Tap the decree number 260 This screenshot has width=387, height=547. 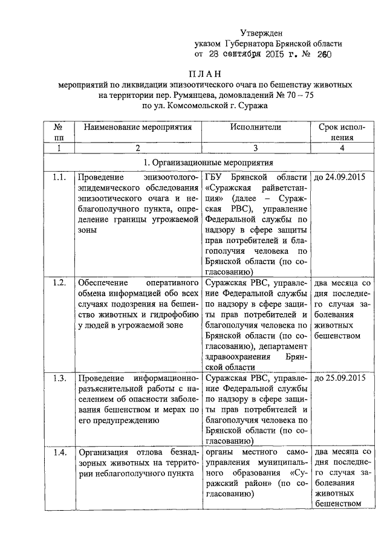click(324, 54)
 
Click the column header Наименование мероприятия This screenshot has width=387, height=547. click(138, 127)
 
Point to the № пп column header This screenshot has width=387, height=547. click(59, 132)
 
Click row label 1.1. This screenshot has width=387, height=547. click(59, 178)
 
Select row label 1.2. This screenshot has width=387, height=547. click(59, 282)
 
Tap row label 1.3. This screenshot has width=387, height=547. click(59, 378)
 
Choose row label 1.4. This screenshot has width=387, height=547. click(59, 452)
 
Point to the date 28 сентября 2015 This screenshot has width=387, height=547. click(247, 54)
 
